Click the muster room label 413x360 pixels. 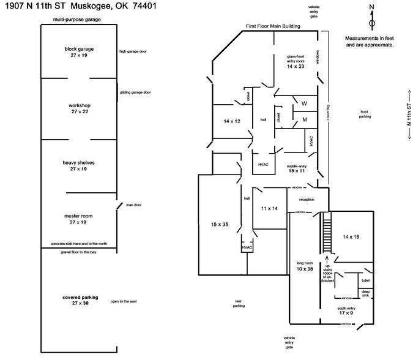click(x=78, y=219)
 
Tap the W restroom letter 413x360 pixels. click(x=304, y=102)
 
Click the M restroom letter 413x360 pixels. click(x=304, y=120)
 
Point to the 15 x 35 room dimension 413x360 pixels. click(x=219, y=225)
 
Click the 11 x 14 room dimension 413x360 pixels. click(x=270, y=209)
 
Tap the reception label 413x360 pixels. click(x=307, y=200)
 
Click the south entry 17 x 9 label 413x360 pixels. click(x=346, y=310)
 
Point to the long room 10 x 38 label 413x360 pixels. click(x=304, y=266)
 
